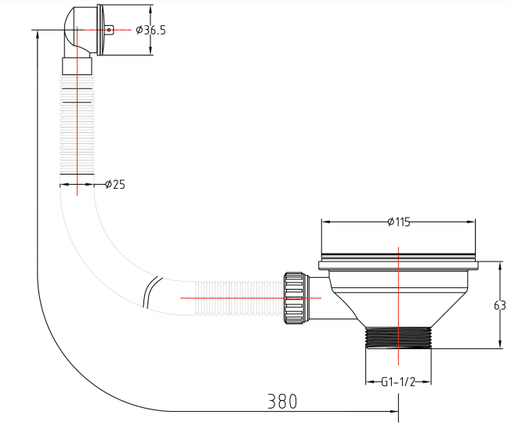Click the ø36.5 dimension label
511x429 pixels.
coord(151,31)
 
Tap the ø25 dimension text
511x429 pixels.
coord(115,185)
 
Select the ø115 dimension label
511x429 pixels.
coord(399,222)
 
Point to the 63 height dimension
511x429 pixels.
coord(500,305)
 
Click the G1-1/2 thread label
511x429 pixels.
coord(398,382)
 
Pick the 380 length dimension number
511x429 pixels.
coord(282,402)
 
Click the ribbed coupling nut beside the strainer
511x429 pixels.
coord(295,297)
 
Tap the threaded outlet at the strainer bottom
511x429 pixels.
coord(398,338)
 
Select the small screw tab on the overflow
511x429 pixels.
coord(110,30)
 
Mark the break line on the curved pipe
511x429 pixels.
coord(151,292)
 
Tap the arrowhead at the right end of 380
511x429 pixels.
coord(394,412)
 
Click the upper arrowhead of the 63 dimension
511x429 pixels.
coord(500,265)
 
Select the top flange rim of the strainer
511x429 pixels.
coord(398,265)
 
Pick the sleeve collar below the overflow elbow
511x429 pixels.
coord(78,66)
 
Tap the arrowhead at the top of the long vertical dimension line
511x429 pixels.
coord(38,34)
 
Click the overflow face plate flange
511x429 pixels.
coord(100,30)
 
